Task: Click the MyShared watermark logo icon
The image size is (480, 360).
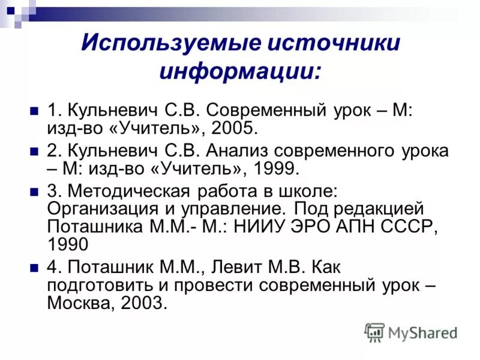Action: point(375,332)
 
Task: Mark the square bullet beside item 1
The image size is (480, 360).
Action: point(34,112)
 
